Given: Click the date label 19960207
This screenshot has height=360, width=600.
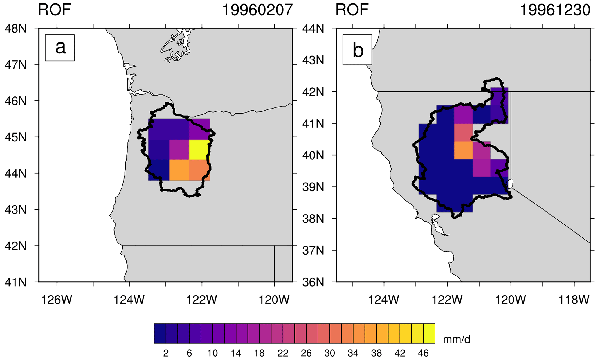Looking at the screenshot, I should pyautogui.click(x=257, y=10).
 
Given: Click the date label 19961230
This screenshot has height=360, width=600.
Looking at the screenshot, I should pyautogui.click(x=555, y=10).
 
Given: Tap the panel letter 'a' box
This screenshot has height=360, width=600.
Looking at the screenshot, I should pyautogui.click(x=60, y=48).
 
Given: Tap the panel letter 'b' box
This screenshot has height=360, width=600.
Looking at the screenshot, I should pyautogui.click(x=357, y=50).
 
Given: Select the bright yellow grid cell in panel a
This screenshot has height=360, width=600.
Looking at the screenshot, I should pyautogui.click(x=199, y=150).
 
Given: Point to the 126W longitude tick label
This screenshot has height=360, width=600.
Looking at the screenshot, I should pyautogui.click(x=57, y=299).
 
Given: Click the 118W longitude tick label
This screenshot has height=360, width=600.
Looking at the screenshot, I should pyautogui.click(x=574, y=299).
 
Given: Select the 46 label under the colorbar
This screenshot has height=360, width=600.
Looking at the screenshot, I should pyautogui.click(x=423, y=353).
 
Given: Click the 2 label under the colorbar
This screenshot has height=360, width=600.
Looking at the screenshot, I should pyautogui.click(x=166, y=353).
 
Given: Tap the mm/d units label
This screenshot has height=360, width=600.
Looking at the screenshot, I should pyautogui.click(x=457, y=339).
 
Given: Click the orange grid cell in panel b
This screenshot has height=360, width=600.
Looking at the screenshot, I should pyautogui.click(x=463, y=150).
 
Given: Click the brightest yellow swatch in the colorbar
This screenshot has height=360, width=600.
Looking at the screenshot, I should pyautogui.click(x=429, y=334).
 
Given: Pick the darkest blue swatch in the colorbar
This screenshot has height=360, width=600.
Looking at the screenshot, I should pyautogui.click(x=160, y=334).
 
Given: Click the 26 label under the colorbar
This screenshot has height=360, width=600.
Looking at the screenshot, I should pyautogui.click(x=306, y=353).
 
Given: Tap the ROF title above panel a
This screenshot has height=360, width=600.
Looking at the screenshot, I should pyautogui.click(x=54, y=10).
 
